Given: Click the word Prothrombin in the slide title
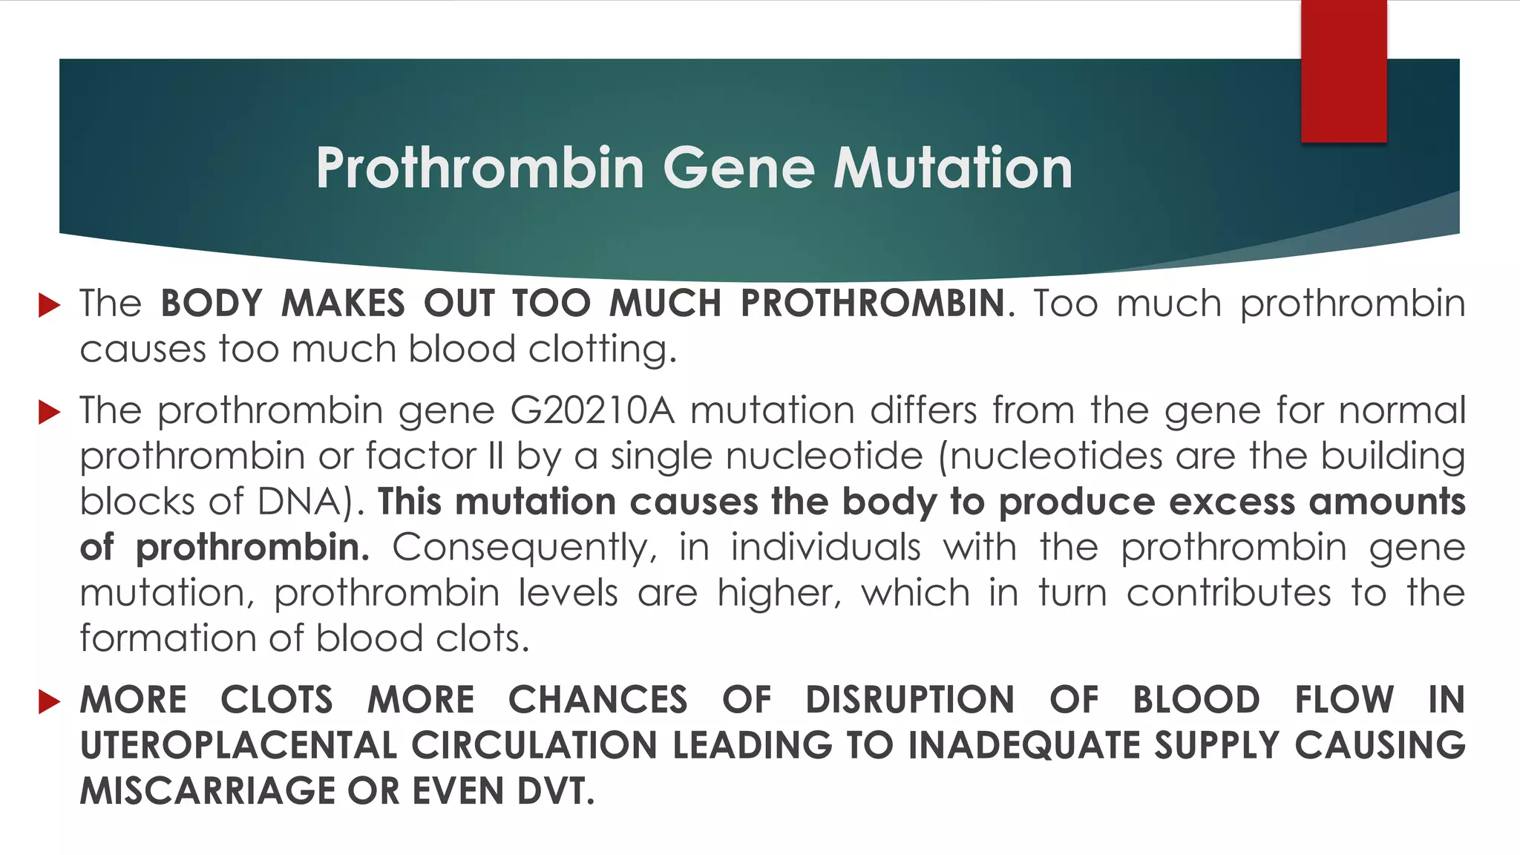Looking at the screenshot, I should coord(479,168).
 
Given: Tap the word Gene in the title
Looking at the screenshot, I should coord(738,168).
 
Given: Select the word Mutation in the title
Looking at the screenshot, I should coord(953,168).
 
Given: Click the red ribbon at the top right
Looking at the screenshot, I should coord(1343,71).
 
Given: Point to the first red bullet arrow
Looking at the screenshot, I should coord(49,304).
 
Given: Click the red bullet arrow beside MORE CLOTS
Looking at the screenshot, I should coord(49,701).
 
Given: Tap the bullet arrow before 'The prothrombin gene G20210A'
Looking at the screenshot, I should coord(49,411).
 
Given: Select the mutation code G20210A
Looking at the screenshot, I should coord(592,410).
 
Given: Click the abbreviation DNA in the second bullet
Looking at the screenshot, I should coord(302,502).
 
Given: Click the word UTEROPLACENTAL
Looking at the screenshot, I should coord(237,745).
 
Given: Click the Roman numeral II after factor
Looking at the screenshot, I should coord(496,456).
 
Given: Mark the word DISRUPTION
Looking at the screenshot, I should coord(910,700).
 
